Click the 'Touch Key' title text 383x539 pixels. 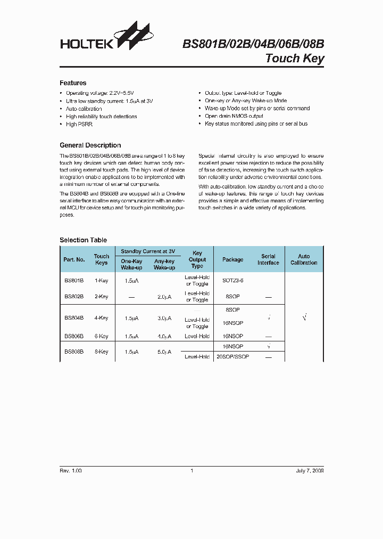[294, 59]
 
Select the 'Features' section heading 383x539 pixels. [73, 83]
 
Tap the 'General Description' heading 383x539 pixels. [90, 145]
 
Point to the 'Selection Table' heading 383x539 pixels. [83, 240]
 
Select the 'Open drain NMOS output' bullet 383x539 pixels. [234, 116]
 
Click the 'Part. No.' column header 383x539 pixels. [74, 259]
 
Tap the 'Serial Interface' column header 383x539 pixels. [268, 259]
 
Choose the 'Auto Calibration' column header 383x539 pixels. [304, 259]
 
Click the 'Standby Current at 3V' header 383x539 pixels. [148, 251]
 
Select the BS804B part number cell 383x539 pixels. [74, 318]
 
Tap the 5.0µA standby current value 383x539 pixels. [164, 352]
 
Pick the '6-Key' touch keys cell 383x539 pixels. [101, 337]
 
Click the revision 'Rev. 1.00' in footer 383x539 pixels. [70, 471]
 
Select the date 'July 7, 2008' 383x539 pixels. [310, 471]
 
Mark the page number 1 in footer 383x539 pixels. [191, 471]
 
